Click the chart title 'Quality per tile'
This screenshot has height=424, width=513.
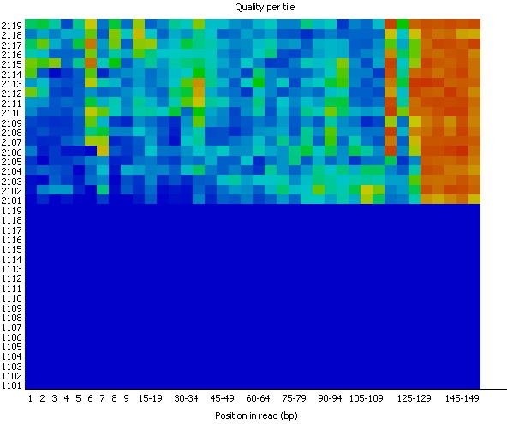pyautogui.click(x=265, y=7)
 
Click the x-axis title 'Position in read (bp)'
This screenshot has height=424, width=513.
pyautogui.click(x=256, y=415)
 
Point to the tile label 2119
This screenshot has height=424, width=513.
pyautogui.click(x=11, y=25)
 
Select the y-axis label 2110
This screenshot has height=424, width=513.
pyautogui.click(x=11, y=113)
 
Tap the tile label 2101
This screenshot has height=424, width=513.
pyautogui.click(x=11, y=200)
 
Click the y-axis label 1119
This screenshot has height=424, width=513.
pyautogui.click(x=11, y=211)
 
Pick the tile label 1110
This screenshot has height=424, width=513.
pyautogui.click(x=11, y=298)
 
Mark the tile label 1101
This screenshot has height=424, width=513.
pyautogui.click(x=11, y=385)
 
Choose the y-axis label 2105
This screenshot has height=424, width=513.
pyautogui.click(x=11, y=162)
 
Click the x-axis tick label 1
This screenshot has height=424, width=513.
pyautogui.click(x=31, y=398)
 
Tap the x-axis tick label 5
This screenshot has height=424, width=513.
pyautogui.click(x=78, y=398)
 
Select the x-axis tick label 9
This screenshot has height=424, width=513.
pyautogui.click(x=126, y=398)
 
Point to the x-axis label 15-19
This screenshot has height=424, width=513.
pyautogui.click(x=150, y=398)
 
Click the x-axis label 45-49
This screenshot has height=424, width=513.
pyautogui.click(x=222, y=398)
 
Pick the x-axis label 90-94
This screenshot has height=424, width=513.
pyautogui.click(x=330, y=398)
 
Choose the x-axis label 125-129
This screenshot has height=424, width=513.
pyautogui.click(x=414, y=398)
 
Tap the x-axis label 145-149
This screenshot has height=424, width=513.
pyautogui.click(x=462, y=398)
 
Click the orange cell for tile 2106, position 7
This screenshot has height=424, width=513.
pyautogui.click(x=103, y=151)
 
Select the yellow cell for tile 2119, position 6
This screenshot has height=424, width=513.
pyautogui.click(x=91, y=24)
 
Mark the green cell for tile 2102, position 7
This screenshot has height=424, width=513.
pyautogui.click(x=103, y=190)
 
